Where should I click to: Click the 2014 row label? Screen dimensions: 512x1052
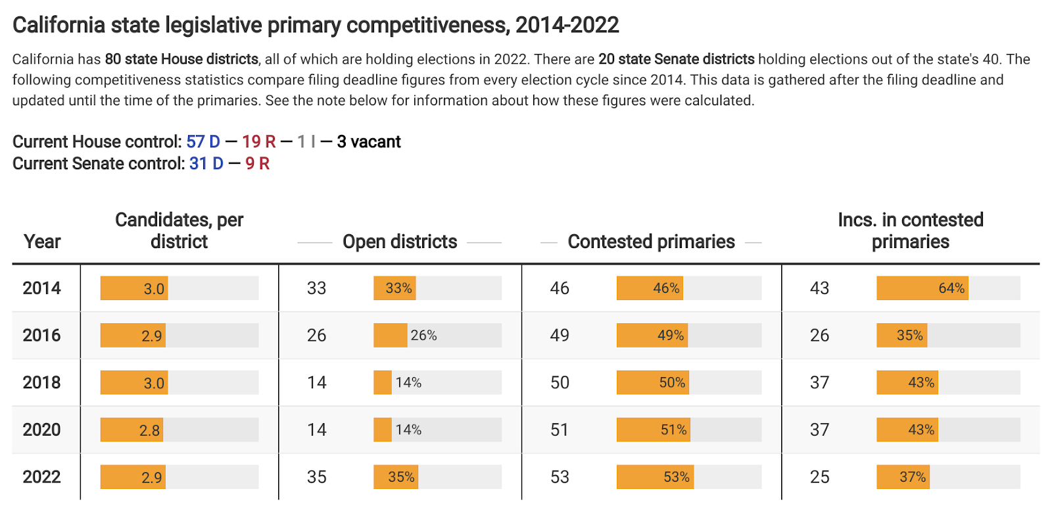pos(41,288)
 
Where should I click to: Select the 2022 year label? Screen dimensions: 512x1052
pos(41,477)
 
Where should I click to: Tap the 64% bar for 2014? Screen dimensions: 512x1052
pos(922,288)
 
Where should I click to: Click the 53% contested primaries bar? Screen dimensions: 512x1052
pos(655,477)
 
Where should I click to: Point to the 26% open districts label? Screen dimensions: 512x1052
pos(423,336)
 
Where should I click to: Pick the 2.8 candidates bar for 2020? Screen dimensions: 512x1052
pos(131,430)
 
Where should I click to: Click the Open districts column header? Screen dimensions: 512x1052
pos(400,242)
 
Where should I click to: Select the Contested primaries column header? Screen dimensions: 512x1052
pos(651,242)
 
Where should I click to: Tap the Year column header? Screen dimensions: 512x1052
pos(42,242)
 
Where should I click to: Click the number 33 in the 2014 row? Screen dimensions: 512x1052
pos(316,288)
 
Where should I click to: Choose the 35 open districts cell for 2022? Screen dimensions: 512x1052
pos(316,477)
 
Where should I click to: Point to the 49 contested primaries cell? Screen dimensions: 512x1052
pos(560,336)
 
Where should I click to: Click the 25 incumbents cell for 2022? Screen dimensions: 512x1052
pos(819,477)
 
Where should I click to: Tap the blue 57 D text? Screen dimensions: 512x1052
pos(203,142)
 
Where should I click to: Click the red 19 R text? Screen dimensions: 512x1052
pos(258,142)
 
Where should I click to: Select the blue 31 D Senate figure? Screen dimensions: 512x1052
pos(206,164)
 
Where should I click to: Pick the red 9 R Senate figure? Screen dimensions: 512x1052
pos(258,164)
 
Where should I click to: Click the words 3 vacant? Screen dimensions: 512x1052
pos(369,142)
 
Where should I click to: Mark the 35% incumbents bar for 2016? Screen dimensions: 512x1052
pos(901,336)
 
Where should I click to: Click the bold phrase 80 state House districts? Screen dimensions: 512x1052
pos(181,59)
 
